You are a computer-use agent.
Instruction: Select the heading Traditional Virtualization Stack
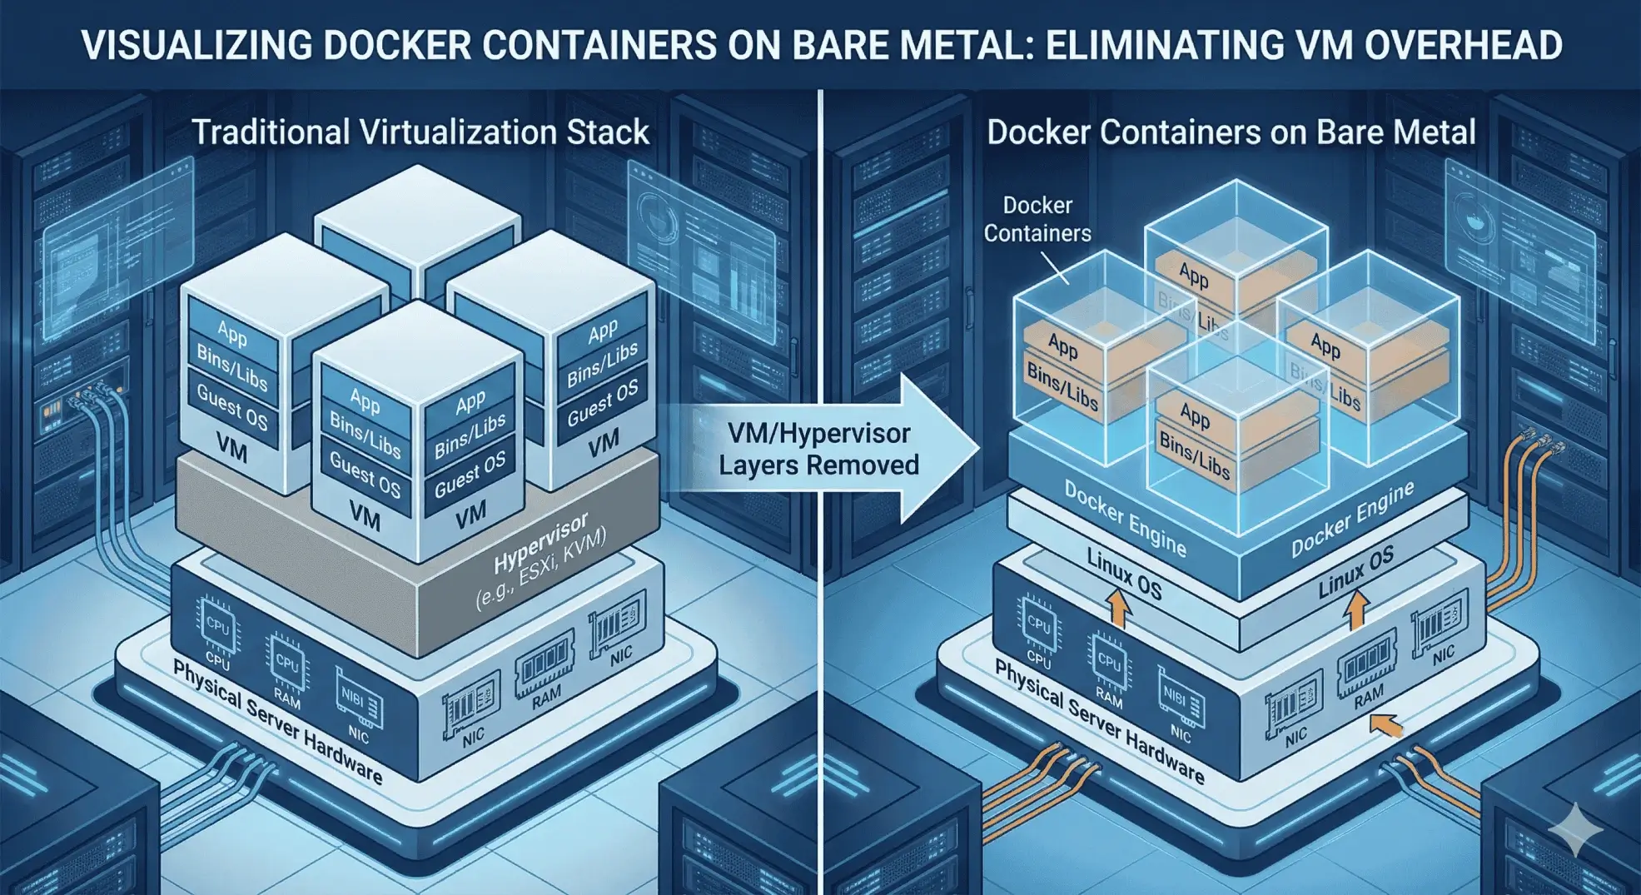[x=420, y=132]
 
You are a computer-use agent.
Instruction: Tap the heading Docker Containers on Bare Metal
[x=1231, y=132]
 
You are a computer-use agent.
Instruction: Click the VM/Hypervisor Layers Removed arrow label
[x=818, y=449]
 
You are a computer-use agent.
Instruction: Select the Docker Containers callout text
[x=1037, y=219]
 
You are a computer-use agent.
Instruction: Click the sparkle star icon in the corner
[x=1574, y=829]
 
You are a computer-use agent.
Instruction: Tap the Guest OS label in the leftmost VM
[x=232, y=408]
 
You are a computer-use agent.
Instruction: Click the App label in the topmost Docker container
[x=1193, y=275]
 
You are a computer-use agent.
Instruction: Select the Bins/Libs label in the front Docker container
[x=1194, y=456]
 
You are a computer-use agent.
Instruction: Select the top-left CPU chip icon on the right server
[x=1038, y=622]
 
